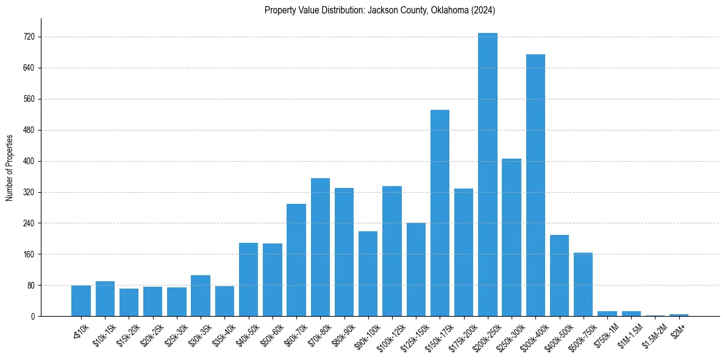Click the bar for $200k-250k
(488, 175)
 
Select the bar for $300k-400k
(535, 185)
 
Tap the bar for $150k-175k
(440, 213)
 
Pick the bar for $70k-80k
(320, 247)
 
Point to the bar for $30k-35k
(201, 296)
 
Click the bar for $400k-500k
(559, 276)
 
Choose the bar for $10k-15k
(105, 299)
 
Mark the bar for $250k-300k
(512, 237)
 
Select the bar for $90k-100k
(368, 274)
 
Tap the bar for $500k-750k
(583, 284)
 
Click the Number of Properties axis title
(10, 168)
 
